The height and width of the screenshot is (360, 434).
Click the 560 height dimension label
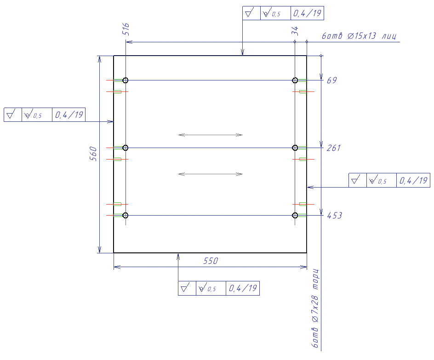pyautogui.click(x=93, y=154)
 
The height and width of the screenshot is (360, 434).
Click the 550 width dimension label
pyautogui.click(x=211, y=261)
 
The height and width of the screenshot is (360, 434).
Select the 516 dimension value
pyautogui.click(x=126, y=29)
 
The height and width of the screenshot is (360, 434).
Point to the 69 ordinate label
pyautogui.click(x=331, y=80)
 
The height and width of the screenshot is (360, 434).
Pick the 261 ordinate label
pyautogui.click(x=333, y=148)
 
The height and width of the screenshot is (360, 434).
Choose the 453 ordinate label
pyautogui.click(x=334, y=215)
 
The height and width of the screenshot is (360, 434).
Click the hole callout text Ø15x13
pyautogui.click(x=362, y=36)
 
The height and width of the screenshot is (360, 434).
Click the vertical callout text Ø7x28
pyautogui.click(x=315, y=309)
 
